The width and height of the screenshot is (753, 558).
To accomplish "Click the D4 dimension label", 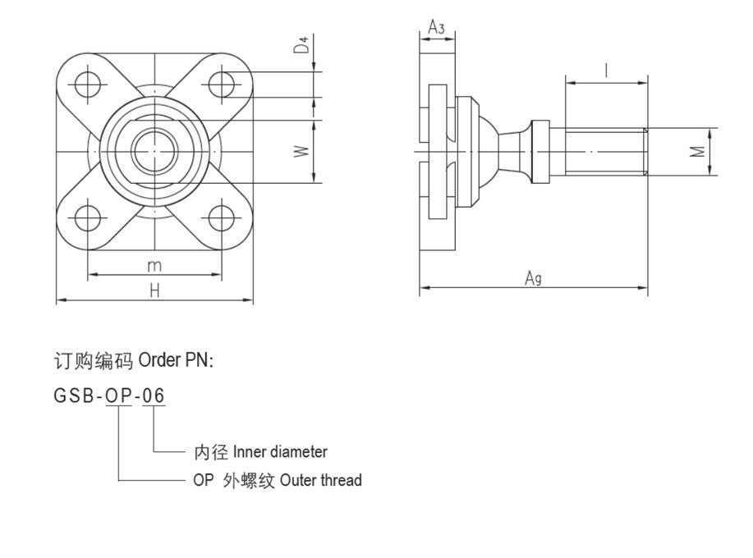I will [x=304, y=46].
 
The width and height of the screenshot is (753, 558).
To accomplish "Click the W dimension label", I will [x=302, y=151].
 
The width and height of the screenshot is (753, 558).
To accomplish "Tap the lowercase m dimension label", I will [x=154, y=265].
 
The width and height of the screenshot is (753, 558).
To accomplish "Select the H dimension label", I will [x=154, y=290].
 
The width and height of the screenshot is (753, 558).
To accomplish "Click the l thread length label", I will [x=606, y=71].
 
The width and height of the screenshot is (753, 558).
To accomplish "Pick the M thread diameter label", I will [x=697, y=151].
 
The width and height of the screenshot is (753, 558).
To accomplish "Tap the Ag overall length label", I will [x=533, y=279].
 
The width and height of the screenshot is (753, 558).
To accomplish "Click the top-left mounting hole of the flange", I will [x=87, y=85].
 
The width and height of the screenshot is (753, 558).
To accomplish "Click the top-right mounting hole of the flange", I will [x=222, y=85].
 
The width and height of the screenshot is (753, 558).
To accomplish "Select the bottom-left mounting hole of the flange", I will [x=87, y=218].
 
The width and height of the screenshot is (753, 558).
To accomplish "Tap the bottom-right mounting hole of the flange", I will [x=222, y=218].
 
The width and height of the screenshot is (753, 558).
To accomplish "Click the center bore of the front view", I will [x=154, y=151].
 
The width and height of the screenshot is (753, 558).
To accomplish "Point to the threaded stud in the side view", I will [x=604, y=151].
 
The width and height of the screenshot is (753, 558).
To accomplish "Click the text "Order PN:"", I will [x=176, y=360].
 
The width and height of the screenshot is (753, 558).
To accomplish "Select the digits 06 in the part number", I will [x=154, y=396].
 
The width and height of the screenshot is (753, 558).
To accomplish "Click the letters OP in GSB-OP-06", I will [x=119, y=396].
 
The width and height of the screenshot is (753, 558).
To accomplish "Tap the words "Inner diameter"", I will [x=280, y=452].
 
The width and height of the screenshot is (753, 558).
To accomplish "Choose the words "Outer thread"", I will [x=320, y=481].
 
